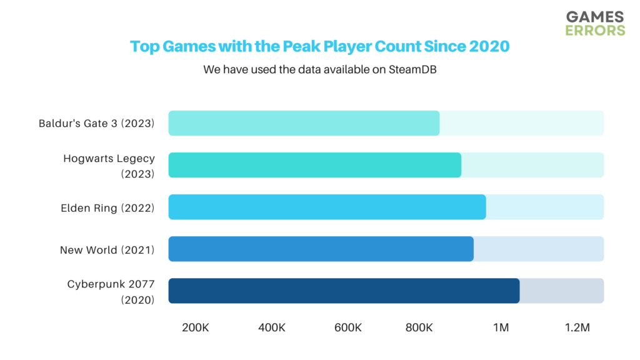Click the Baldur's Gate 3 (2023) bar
[304, 123]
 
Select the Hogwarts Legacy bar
[314, 165]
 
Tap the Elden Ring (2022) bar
[327, 207]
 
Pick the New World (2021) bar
[321, 249]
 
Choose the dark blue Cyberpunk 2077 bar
[344, 291]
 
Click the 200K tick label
[195, 327]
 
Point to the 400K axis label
[271, 327]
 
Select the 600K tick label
[348, 327]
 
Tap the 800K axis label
[419, 327]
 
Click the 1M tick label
[501, 327]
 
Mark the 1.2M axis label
[577, 327]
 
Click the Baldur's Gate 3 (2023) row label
[96, 123]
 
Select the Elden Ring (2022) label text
[107, 208]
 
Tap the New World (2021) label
[107, 250]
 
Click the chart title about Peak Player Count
[319, 46]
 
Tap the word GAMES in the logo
[594, 17]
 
